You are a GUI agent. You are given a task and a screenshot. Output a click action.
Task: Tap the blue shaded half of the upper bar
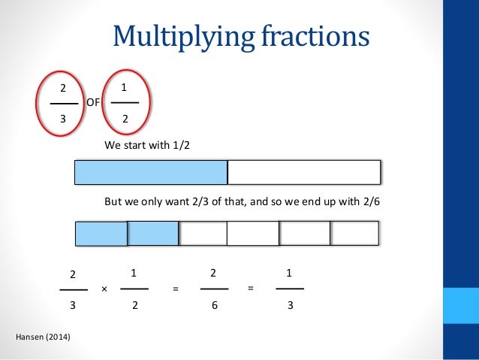coord(151,172)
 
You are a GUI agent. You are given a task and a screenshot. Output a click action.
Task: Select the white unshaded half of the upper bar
coord(303,172)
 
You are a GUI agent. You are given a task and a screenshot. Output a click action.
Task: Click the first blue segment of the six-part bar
coord(101,234)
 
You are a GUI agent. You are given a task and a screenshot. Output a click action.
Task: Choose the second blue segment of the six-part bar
coord(152,234)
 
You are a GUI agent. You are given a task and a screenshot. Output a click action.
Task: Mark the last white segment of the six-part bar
coord(355,234)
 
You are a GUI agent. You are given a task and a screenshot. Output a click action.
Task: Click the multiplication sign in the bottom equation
coord(104,289)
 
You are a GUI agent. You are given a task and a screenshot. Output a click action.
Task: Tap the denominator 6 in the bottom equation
coord(214,306)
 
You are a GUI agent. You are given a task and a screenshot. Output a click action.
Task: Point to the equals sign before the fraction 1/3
coord(252,288)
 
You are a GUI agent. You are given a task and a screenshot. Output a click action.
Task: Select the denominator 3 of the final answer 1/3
coord(290,306)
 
